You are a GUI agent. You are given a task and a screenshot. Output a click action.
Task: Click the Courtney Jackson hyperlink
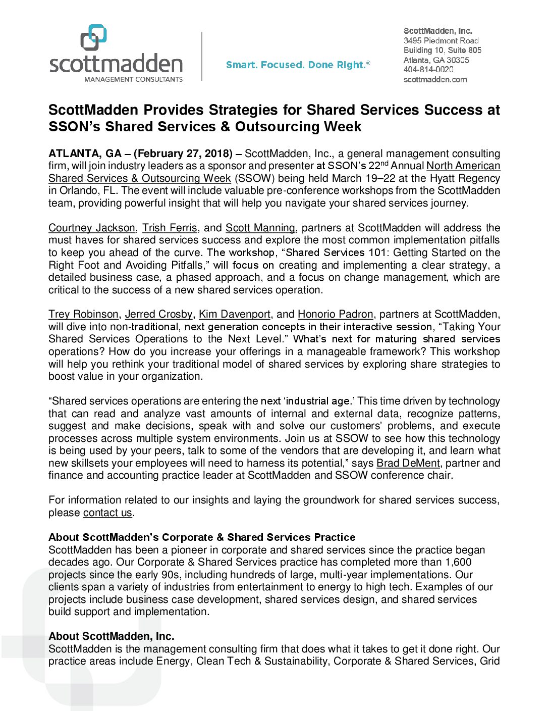92,228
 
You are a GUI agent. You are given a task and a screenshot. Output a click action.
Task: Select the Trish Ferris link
170,228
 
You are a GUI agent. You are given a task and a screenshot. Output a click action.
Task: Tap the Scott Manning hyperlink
260,228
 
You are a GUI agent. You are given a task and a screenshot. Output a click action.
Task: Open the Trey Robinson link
83,314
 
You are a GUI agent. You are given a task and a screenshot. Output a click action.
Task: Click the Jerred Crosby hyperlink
158,314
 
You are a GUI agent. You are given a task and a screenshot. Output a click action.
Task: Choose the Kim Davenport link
235,314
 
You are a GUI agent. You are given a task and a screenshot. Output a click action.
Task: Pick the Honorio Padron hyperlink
336,314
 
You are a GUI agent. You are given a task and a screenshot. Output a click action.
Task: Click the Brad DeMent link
408,463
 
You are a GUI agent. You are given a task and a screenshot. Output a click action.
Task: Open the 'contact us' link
107,513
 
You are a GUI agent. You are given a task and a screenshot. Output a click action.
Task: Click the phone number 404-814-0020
428,70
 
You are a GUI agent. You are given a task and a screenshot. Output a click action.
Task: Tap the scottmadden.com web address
435,79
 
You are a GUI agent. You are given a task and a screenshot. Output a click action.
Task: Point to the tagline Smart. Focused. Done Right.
298,65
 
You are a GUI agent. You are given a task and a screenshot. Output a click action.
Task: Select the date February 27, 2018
183,154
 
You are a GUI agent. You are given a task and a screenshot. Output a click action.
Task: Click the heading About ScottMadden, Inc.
112,636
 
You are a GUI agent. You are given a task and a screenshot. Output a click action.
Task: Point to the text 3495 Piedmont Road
441,40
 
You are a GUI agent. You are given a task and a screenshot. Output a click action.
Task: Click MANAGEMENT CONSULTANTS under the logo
133,79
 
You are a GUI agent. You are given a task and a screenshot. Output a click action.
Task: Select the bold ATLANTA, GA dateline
85,154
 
